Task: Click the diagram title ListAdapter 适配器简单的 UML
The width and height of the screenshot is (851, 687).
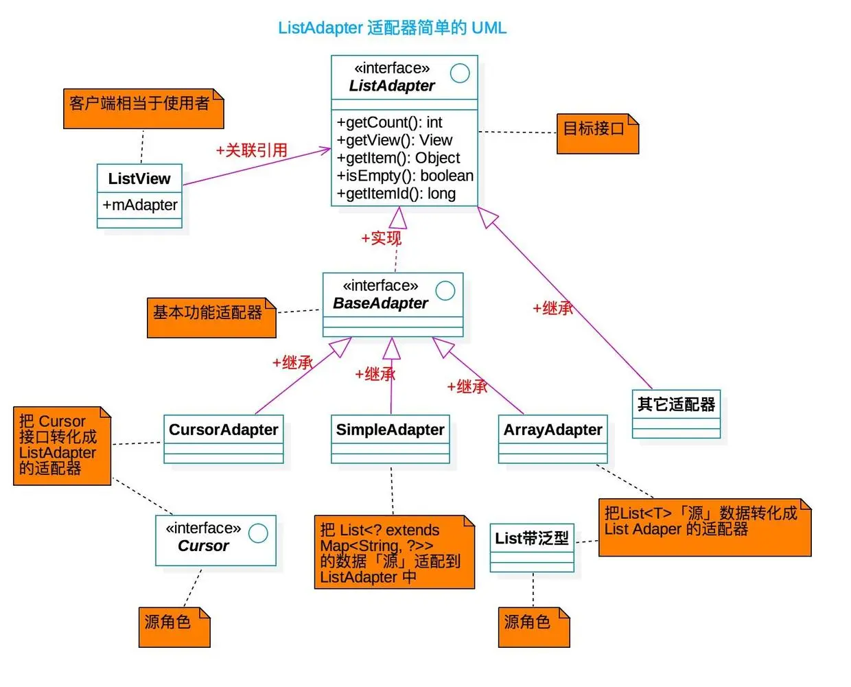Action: [392, 28]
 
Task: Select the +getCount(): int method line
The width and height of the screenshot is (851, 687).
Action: [389, 123]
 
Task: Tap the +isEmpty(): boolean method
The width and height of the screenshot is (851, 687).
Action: [405, 176]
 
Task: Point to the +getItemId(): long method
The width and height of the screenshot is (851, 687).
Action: [396, 194]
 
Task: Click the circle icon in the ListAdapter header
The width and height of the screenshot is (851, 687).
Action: [460, 73]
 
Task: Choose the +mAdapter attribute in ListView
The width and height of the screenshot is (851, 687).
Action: [140, 205]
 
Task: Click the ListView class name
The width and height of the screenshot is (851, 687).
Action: [139, 179]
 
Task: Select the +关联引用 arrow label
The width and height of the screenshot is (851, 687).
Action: [252, 150]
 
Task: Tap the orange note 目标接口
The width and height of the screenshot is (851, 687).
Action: [594, 129]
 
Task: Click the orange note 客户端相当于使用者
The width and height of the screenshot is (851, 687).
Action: [140, 104]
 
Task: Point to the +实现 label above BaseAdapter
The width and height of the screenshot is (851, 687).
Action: [382, 238]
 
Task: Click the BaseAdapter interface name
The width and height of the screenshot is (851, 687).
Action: [380, 303]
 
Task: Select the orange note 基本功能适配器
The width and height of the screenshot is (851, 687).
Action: [208, 313]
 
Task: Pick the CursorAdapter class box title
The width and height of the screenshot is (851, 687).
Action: [224, 430]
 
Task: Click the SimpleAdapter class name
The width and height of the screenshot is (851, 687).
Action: [390, 430]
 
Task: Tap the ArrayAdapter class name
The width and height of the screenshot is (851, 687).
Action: [553, 430]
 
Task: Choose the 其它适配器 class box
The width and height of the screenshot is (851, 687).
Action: [676, 405]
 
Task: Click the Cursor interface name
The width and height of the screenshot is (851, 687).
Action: [203, 546]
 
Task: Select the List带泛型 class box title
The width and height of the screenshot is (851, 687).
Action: [532, 539]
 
